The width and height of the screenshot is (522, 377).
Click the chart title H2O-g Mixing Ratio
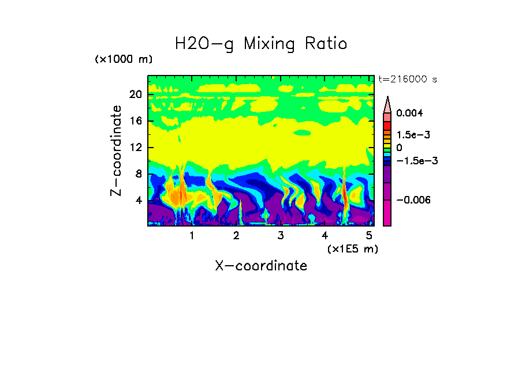(x=261, y=44)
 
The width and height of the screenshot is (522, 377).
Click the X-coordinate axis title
(x=261, y=266)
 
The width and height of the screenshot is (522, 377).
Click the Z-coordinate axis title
(x=117, y=150)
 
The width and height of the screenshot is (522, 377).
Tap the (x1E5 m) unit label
(x=352, y=248)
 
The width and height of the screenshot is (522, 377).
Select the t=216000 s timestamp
(x=407, y=79)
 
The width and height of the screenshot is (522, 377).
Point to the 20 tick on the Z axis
(x=135, y=95)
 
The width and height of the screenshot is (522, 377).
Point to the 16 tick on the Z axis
(x=135, y=121)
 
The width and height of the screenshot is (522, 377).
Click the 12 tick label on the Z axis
(x=135, y=148)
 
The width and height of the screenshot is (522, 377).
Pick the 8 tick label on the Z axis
(x=139, y=174)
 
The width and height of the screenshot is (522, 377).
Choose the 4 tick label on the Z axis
(x=139, y=201)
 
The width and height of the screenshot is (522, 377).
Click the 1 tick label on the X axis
(x=192, y=236)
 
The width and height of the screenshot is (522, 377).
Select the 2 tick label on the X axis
(x=236, y=236)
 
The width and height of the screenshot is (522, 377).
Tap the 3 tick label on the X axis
(x=281, y=236)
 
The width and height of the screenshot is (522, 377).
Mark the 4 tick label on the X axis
(x=325, y=236)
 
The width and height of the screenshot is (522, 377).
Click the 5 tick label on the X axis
(x=370, y=236)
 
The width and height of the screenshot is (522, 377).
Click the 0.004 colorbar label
(x=409, y=114)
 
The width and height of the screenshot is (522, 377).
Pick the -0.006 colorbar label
(x=413, y=200)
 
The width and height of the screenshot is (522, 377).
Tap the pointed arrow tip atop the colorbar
(x=387, y=99)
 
